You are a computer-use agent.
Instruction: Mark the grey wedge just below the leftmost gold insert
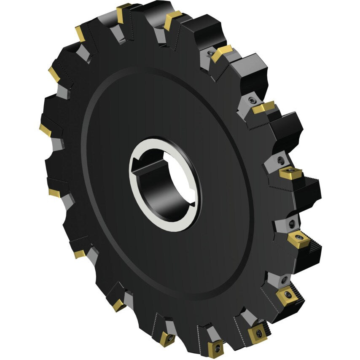pos(58,145)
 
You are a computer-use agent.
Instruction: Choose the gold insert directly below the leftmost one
pos(54,193)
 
